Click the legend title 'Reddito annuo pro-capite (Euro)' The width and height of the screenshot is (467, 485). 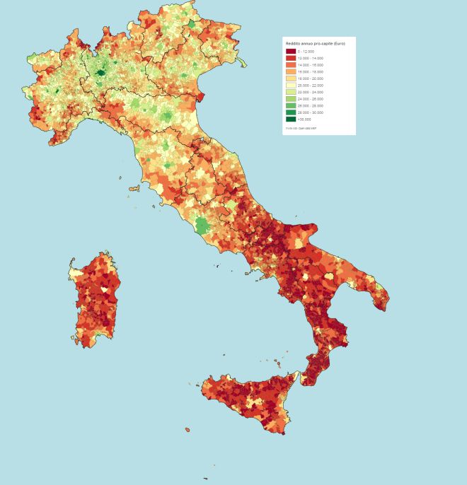(x=315, y=45)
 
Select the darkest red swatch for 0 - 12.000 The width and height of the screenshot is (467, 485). (x=290, y=52)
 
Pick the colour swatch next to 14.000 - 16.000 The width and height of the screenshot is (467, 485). (x=290, y=65)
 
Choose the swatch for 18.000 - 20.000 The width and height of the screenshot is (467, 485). (x=290, y=78)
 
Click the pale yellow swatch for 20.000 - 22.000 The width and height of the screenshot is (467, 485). (x=290, y=86)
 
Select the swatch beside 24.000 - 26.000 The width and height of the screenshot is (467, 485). (x=290, y=99)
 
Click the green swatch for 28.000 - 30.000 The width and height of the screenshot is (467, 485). (x=290, y=112)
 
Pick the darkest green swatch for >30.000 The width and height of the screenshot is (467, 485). (x=290, y=119)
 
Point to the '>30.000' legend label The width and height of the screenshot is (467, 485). (x=304, y=119)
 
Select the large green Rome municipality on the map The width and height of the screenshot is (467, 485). (x=202, y=226)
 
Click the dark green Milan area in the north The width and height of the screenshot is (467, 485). (x=101, y=71)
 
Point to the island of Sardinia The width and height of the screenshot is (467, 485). (x=95, y=300)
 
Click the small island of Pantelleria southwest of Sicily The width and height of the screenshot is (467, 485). (x=188, y=429)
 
